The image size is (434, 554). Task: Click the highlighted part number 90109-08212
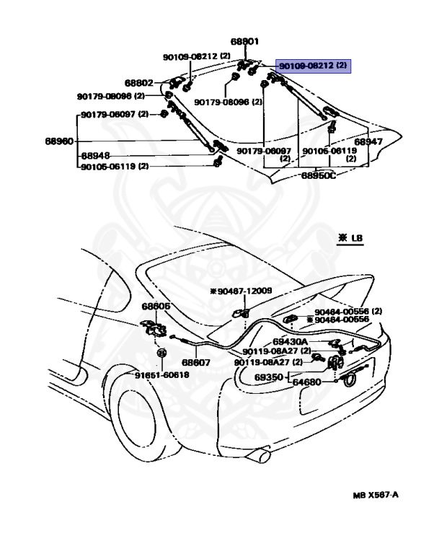(306, 66)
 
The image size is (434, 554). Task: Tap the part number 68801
(244, 41)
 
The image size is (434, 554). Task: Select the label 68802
(139, 83)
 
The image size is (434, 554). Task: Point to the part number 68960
(59, 141)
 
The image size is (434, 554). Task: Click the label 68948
(95, 156)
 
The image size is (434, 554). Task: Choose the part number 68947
(368, 141)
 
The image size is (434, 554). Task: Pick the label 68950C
(319, 175)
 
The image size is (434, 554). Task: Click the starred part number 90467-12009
(241, 291)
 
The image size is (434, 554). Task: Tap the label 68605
(156, 306)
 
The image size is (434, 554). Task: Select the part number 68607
(196, 362)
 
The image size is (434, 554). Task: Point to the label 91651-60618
(161, 374)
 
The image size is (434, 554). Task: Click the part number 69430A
(290, 342)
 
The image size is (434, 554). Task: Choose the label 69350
(269, 377)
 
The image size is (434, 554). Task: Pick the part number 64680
(306, 382)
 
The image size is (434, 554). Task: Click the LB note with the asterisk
(350, 238)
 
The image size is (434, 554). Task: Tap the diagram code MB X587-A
(376, 495)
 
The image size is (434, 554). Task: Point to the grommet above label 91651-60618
(161, 353)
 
